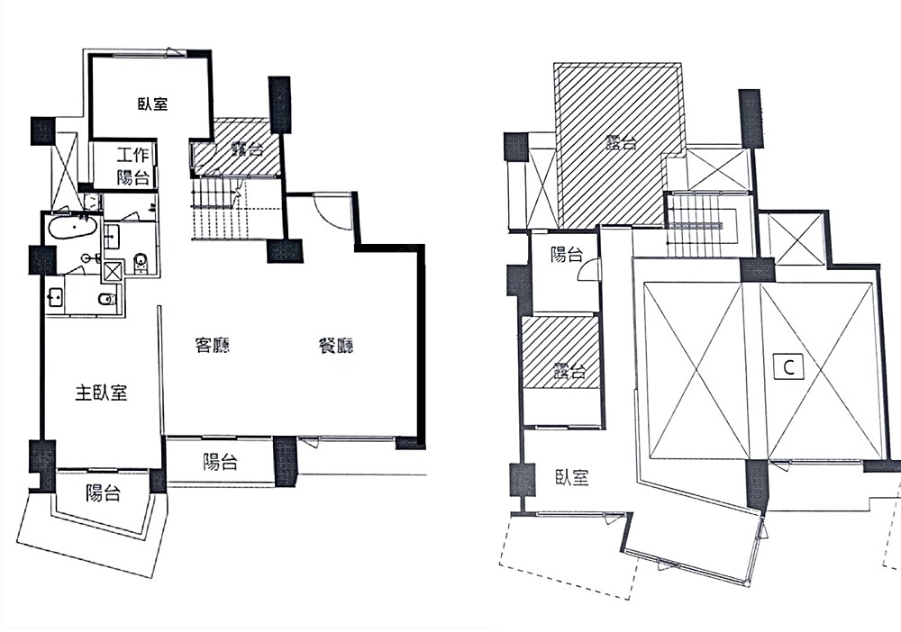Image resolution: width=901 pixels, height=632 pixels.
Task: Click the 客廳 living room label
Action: click(213, 346)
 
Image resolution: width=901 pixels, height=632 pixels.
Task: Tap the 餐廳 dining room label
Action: click(336, 346)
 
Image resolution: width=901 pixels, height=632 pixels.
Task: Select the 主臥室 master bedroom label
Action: click(101, 393)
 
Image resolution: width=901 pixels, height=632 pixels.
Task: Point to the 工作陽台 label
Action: click(133, 166)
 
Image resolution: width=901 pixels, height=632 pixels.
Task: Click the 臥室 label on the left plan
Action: click(152, 104)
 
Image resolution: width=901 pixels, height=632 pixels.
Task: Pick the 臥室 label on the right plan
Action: click(572, 477)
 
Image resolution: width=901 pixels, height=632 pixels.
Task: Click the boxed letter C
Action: click(788, 366)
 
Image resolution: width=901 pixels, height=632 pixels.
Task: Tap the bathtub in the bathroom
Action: click(71, 227)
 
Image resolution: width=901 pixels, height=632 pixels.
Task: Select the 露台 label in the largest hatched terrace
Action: click(621, 141)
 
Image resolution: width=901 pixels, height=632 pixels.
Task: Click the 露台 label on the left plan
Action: click(247, 149)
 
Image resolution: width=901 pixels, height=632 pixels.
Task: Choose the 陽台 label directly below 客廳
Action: click(220, 463)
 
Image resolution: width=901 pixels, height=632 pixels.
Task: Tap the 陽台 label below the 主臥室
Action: click(104, 492)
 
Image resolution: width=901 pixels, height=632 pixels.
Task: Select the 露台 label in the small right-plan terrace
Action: click(570, 372)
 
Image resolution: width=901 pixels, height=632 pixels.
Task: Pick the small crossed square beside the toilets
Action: click(113, 271)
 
